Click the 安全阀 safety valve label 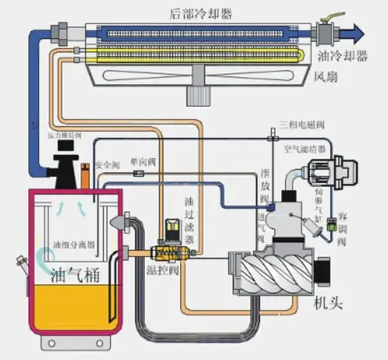106,164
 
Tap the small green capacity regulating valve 331,226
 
